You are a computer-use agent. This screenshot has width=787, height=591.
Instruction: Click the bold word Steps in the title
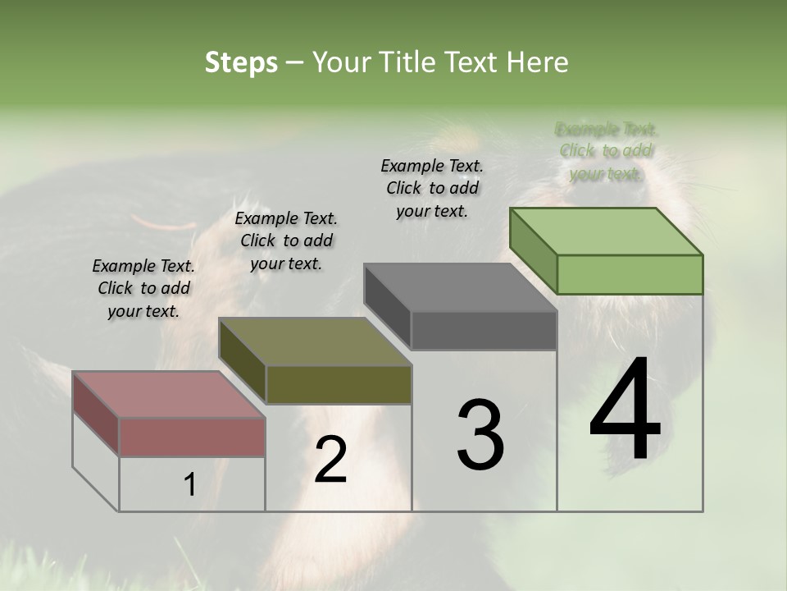[x=241, y=62]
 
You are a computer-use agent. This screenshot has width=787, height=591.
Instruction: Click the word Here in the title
[x=536, y=62]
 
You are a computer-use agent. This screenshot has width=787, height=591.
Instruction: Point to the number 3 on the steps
[x=480, y=435]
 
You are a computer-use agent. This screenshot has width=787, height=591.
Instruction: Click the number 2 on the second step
[x=330, y=460]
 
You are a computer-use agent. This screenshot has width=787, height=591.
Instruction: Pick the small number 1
[x=190, y=485]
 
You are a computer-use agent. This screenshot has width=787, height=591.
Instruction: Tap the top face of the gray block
[x=461, y=287]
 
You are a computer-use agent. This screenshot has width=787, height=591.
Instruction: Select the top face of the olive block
[x=315, y=341]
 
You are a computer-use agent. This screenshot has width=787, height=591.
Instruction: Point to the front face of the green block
[x=630, y=274]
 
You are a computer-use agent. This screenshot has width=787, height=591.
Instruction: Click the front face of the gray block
[x=484, y=330]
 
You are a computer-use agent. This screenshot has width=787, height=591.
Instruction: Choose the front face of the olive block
[x=339, y=384]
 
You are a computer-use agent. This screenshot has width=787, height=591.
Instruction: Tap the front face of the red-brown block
[x=192, y=437]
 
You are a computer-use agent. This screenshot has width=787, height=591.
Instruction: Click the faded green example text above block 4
[x=607, y=151]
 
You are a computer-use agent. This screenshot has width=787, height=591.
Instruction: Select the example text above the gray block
[x=432, y=188]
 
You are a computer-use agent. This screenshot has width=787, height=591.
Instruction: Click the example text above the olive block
[x=286, y=241]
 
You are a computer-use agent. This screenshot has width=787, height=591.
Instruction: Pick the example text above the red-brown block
[x=143, y=288]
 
